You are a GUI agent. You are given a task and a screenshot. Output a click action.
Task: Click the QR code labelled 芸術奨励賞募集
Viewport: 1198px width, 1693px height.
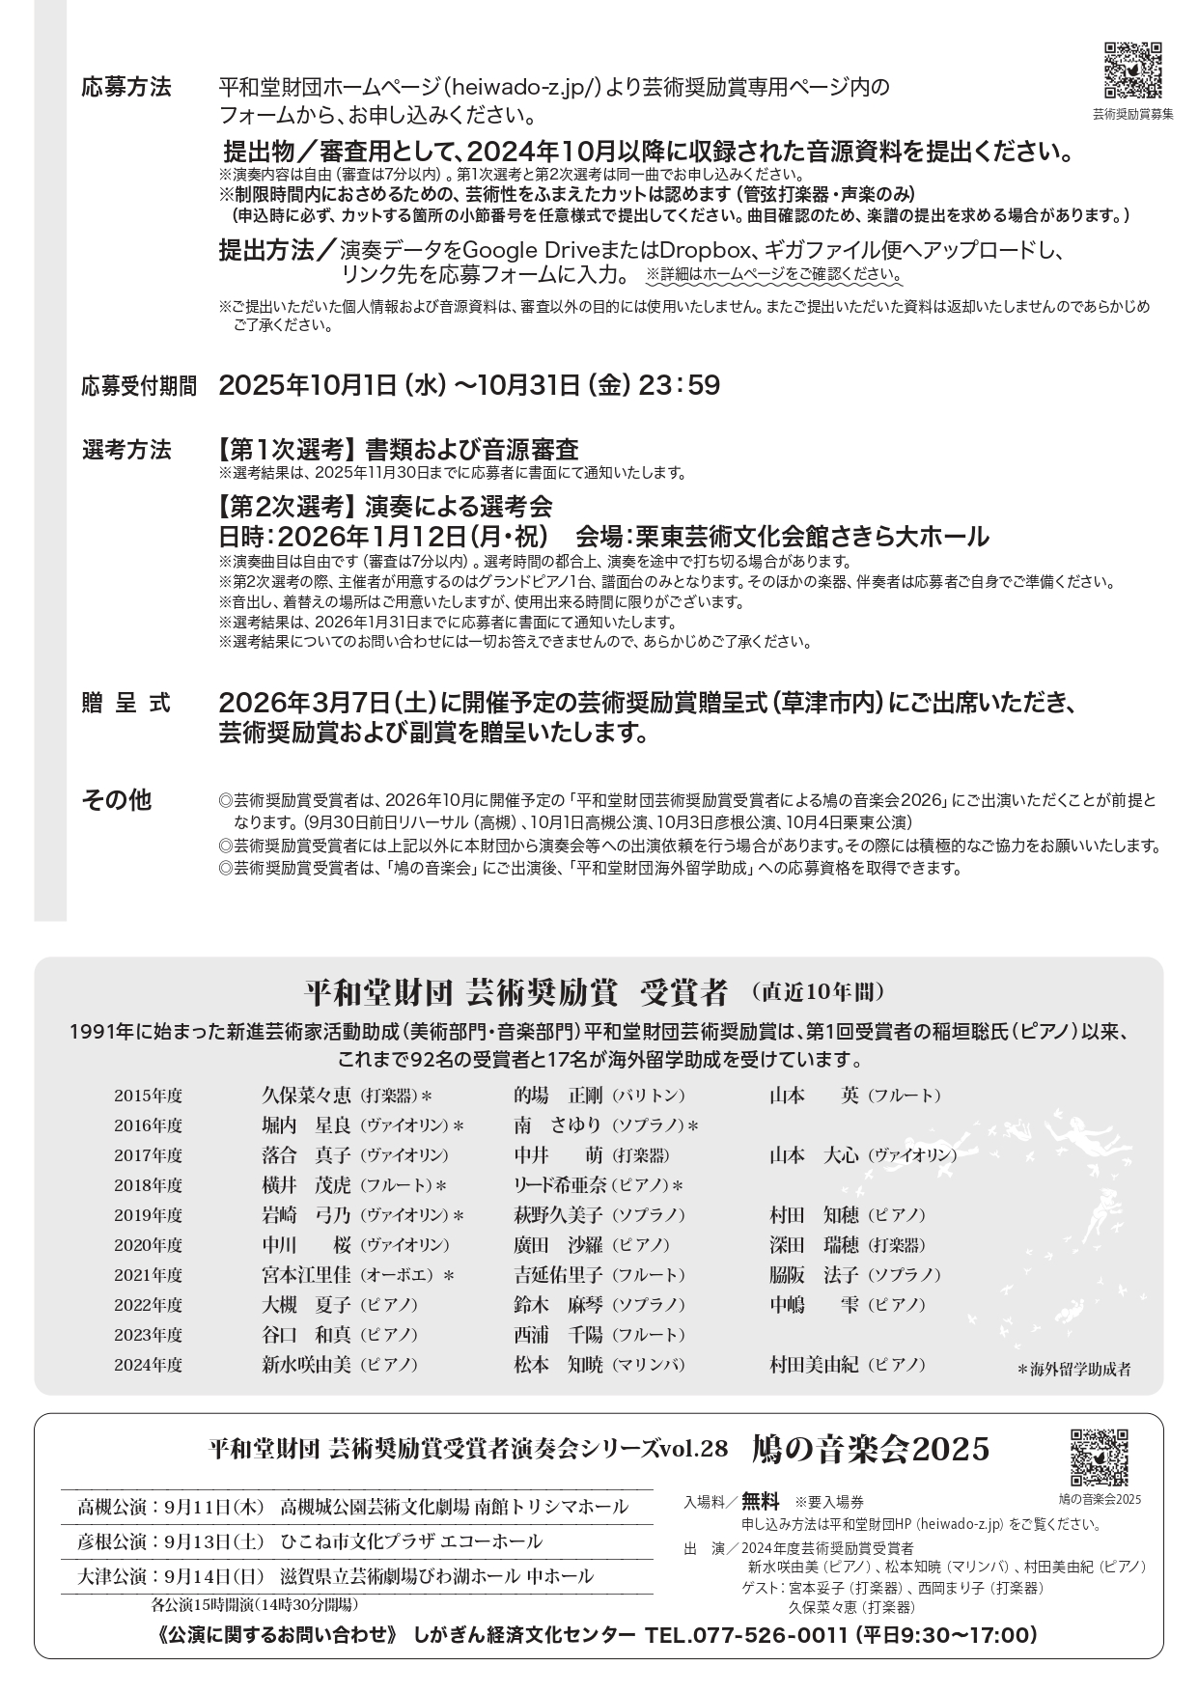click(x=1132, y=70)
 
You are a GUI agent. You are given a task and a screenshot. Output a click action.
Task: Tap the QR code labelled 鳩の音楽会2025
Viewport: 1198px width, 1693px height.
click(x=1099, y=1457)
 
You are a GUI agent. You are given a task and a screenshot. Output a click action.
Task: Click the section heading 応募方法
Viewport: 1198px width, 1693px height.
click(x=126, y=88)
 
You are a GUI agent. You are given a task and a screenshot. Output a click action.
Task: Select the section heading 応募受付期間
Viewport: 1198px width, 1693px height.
click(x=139, y=387)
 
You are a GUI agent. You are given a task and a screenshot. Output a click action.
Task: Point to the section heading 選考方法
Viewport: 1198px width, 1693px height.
click(x=126, y=450)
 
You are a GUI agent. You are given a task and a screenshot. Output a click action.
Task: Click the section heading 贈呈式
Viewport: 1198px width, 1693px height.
click(x=126, y=704)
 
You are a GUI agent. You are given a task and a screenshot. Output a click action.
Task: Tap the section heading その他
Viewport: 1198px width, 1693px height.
click(x=117, y=801)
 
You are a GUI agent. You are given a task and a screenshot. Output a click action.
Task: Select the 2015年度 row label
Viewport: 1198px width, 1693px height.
click(x=148, y=1096)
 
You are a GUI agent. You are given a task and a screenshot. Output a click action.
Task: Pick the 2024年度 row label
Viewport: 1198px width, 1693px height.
click(x=148, y=1365)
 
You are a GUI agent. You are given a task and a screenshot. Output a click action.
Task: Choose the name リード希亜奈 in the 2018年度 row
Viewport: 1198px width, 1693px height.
click(x=559, y=1185)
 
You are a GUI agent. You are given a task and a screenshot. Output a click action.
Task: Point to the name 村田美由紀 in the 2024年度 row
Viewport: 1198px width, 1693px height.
click(x=814, y=1365)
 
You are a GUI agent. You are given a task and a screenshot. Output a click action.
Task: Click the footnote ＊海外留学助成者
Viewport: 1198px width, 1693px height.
click(x=1073, y=1369)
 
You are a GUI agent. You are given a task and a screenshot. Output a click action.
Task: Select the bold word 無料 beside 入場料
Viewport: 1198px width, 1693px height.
click(x=760, y=1501)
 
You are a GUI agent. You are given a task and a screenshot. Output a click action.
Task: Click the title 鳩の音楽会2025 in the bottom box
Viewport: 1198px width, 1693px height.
click(x=871, y=1449)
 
